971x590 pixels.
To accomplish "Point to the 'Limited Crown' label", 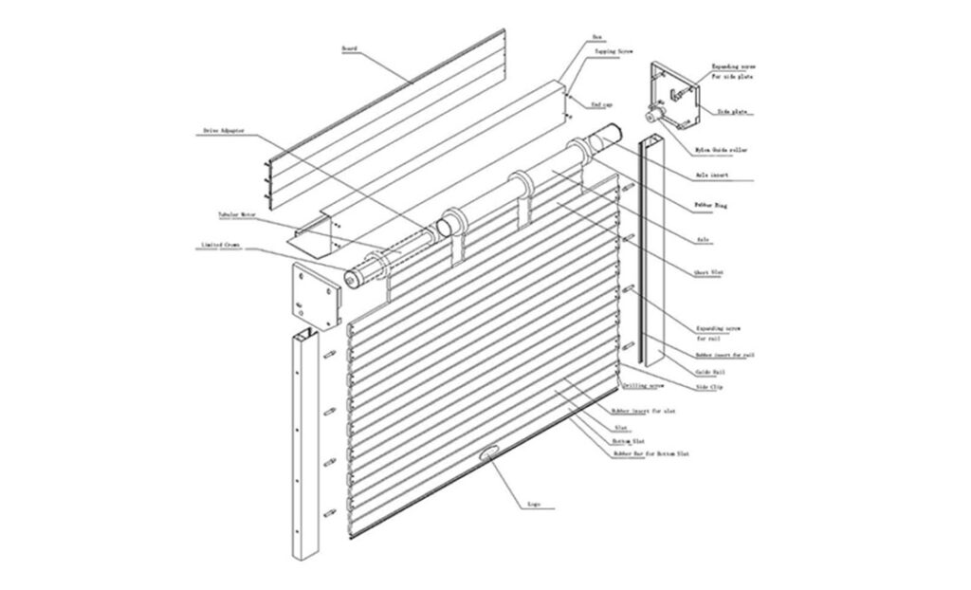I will point(220,245).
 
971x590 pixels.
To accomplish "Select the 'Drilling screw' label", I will point(642,386).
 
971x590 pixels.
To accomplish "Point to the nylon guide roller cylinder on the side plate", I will point(654,115).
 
